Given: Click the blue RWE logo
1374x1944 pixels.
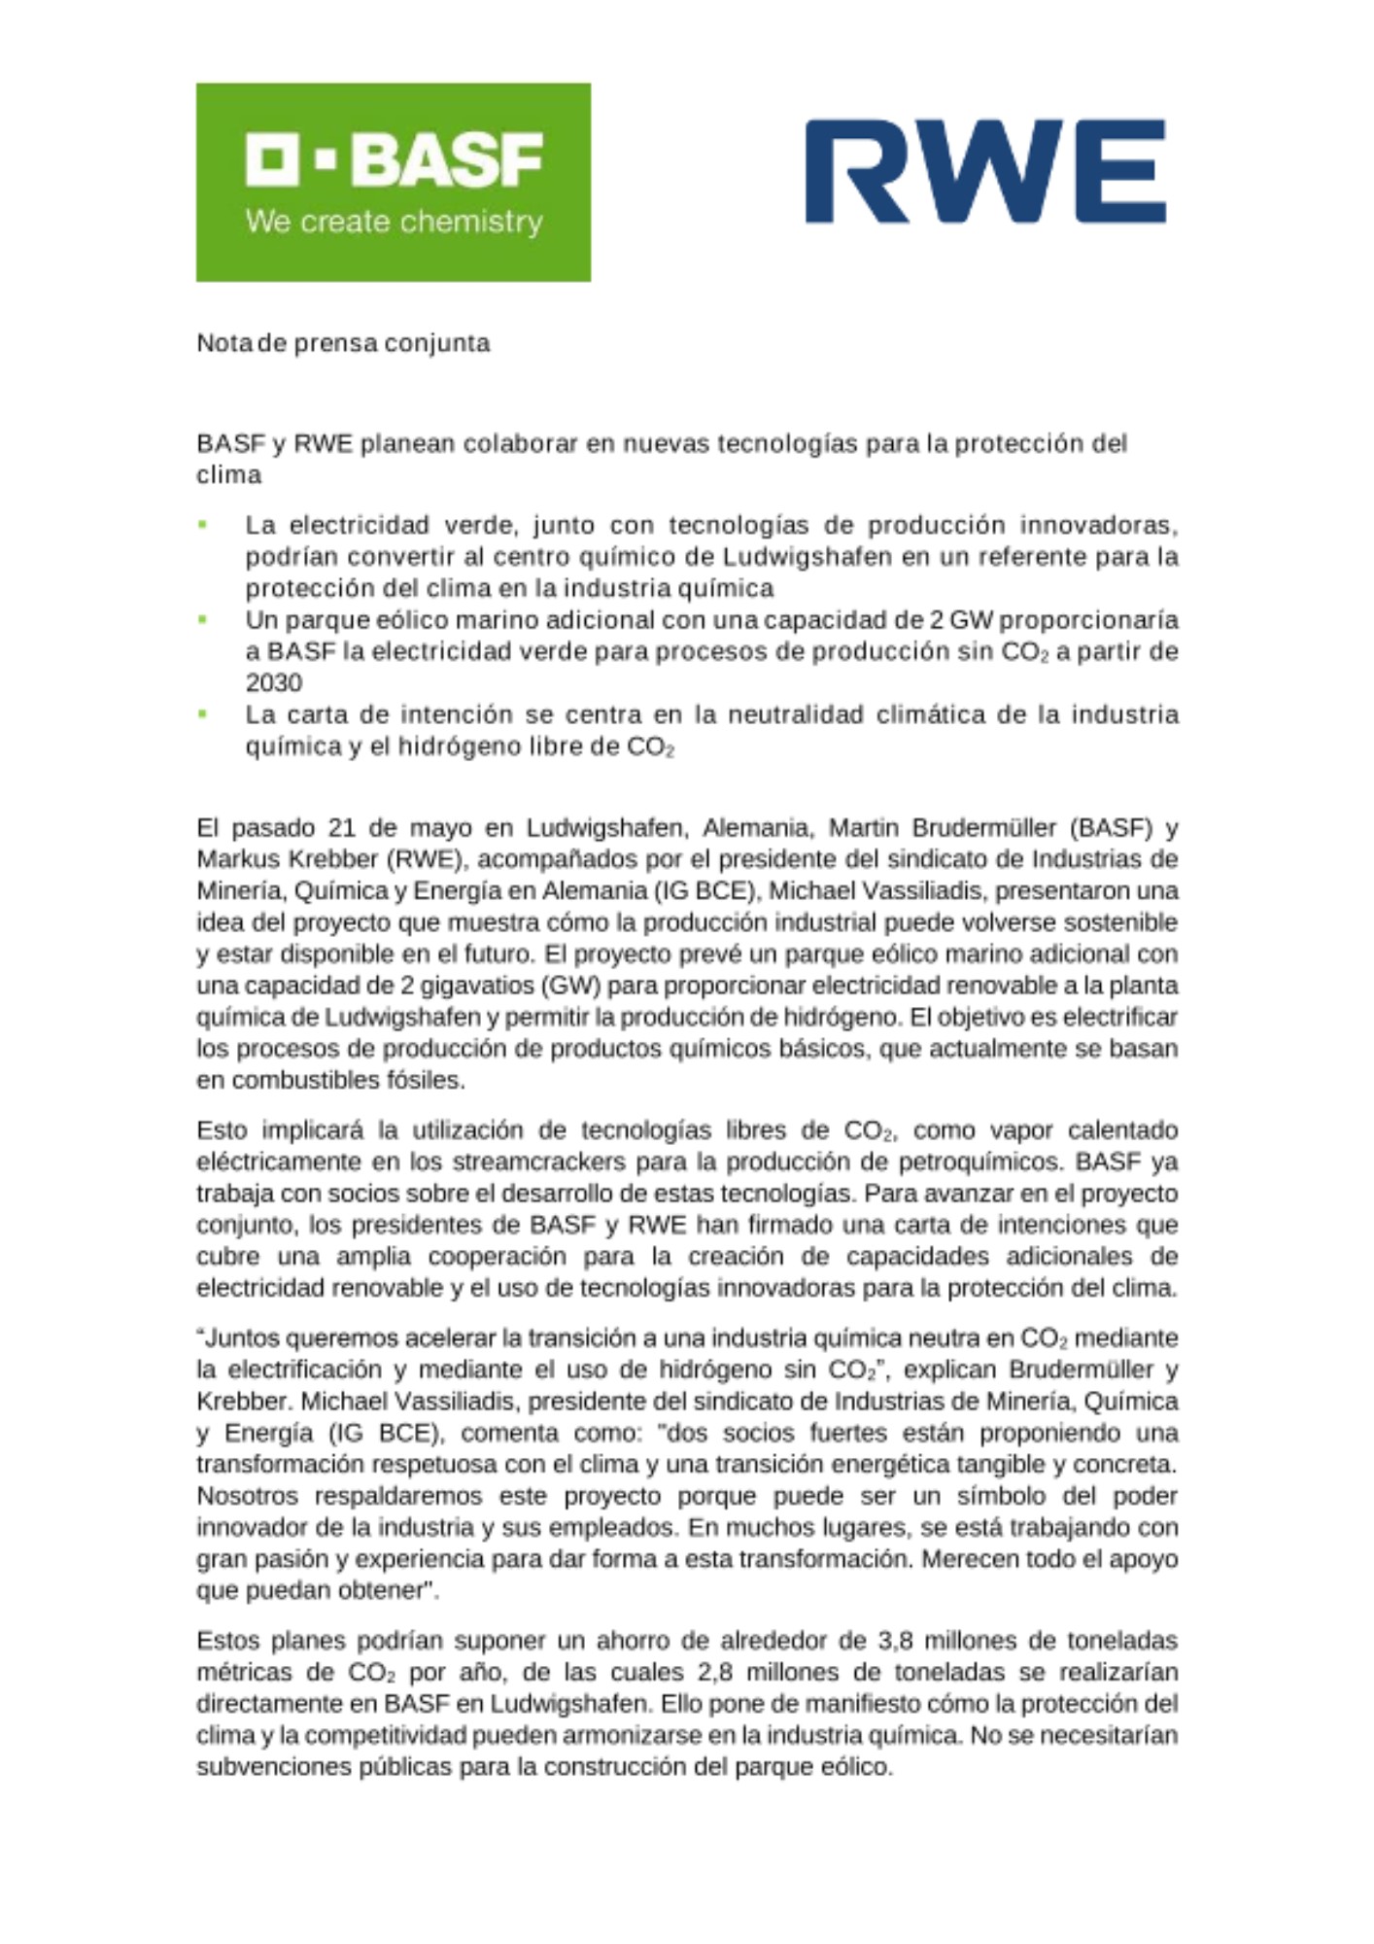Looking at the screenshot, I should pos(985,172).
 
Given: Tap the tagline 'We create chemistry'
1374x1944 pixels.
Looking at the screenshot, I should pos(394,222).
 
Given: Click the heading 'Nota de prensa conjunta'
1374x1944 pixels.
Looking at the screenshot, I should pos(343,343).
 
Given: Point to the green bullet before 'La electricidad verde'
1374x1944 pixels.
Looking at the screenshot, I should pos(203,525).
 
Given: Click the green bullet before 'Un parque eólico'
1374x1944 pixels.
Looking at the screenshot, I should pos(203,619).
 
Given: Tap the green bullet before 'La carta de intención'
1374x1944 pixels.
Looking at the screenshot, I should pos(203,713).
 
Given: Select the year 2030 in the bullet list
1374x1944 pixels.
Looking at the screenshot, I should pos(273,682).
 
